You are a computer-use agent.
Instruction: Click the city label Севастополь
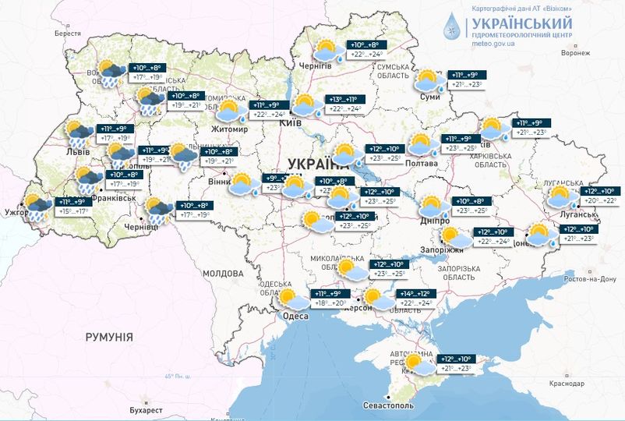[x=390, y=407]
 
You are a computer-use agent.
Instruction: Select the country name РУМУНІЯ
[x=109, y=337]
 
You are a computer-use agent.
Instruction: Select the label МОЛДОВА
[x=223, y=274]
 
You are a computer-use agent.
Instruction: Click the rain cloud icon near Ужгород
[x=37, y=207]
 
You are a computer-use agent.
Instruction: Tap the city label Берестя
[x=67, y=34]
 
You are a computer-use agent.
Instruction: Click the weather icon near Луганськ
[x=560, y=196]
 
